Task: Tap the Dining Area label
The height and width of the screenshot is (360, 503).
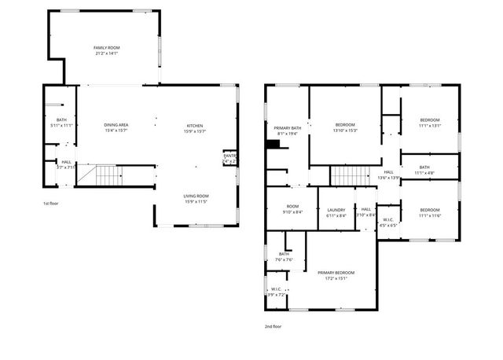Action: [116, 128]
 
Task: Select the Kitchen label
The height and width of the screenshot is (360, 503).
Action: [195, 128]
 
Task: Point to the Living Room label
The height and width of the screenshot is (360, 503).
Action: [196, 199]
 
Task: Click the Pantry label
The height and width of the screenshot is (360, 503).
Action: [229, 158]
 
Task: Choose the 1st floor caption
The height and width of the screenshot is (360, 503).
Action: [51, 204]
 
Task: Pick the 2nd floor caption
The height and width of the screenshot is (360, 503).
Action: [273, 325]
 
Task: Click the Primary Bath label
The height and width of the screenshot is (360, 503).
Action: [288, 130]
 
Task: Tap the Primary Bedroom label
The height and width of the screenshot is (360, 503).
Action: [332, 275]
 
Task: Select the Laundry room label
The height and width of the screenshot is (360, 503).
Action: [336, 213]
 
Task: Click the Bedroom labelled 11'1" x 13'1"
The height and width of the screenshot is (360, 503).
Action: [430, 123]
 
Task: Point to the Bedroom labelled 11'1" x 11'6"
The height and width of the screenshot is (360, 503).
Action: [430, 212]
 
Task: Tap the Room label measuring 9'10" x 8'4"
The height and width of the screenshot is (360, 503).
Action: [292, 210]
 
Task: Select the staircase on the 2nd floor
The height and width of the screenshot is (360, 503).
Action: [344, 176]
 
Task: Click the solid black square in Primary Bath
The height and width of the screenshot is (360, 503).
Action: [273, 143]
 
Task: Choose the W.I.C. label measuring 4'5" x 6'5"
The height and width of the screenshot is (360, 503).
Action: [388, 223]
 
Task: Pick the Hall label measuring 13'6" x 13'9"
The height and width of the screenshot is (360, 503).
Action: [389, 175]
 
